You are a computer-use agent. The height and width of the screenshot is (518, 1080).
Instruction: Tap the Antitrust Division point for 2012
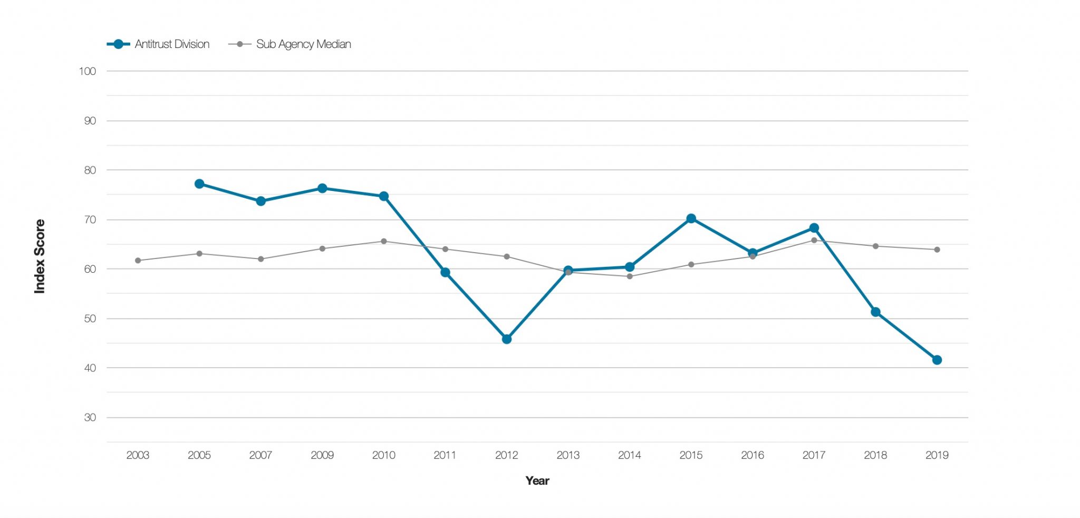[x=506, y=339]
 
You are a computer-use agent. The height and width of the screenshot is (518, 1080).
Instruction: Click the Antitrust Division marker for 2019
[x=937, y=360]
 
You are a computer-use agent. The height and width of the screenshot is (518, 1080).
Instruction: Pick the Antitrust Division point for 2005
[x=199, y=184]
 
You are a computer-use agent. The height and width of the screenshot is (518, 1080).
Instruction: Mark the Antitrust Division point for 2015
[x=691, y=218]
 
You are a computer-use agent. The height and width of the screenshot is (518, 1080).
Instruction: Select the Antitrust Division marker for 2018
[x=875, y=312]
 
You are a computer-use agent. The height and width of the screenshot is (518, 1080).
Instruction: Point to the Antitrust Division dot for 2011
[x=445, y=272]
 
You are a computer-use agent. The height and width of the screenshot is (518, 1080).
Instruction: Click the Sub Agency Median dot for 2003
[x=138, y=261]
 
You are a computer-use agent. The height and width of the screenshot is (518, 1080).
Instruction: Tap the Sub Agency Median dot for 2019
[x=937, y=250]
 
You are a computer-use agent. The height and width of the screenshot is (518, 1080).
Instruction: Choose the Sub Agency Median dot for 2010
[x=383, y=242]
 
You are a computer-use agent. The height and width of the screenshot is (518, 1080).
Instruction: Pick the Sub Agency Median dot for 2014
[x=630, y=276]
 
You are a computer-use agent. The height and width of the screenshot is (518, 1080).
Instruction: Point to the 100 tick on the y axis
[x=88, y=71]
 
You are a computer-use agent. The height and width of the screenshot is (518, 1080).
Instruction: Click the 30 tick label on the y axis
[x=90, y=417]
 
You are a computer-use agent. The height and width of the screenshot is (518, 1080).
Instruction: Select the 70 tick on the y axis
[x=90, y=219]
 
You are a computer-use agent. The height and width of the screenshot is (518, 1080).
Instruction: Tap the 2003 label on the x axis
[x=138, y=455]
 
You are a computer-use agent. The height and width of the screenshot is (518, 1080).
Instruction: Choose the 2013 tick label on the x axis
[x=568, y=455]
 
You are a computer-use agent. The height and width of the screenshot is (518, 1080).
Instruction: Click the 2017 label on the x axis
[x=814, y=455]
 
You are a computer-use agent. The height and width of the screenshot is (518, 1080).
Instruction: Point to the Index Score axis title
[x=40, y=256]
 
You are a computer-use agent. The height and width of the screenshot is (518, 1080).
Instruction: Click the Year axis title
[x=537, y=481]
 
